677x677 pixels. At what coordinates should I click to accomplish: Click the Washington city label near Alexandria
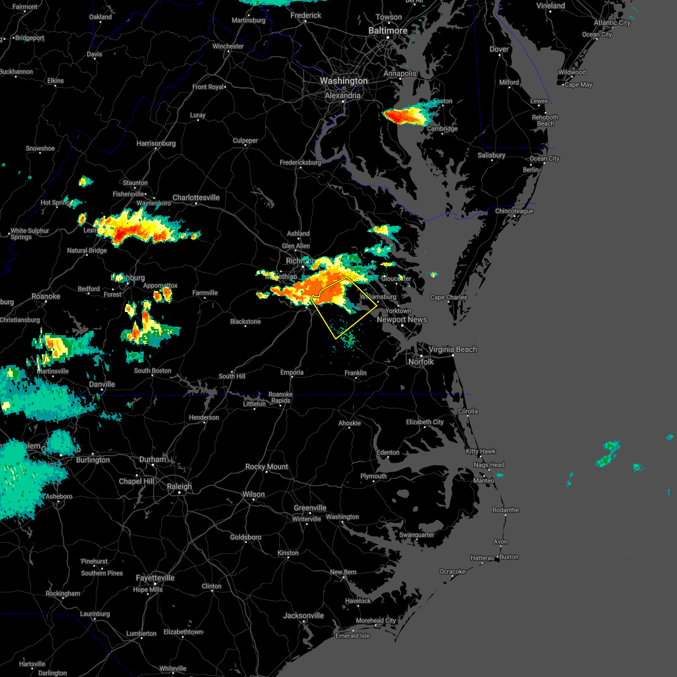344,81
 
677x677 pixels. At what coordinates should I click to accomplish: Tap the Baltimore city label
388,30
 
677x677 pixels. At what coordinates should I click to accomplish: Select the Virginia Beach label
452,349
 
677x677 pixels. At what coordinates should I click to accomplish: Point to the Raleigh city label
179,486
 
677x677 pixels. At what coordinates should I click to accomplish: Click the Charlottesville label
196,197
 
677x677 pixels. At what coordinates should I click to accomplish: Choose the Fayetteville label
155,578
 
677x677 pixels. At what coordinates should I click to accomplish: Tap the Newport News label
402,319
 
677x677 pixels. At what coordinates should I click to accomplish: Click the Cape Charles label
449,297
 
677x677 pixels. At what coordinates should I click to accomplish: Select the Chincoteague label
514,211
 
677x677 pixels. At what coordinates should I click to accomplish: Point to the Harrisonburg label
156,143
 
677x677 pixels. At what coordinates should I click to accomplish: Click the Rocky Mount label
266,467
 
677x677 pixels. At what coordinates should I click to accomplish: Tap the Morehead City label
376,621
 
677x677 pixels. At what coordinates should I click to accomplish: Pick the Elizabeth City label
425,422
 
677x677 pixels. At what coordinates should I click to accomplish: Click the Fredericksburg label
300,162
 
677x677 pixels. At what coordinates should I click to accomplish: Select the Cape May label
578,85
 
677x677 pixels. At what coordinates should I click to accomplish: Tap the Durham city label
153,459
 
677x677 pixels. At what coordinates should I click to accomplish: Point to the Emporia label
292,372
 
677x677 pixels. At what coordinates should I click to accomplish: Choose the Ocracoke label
452,572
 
